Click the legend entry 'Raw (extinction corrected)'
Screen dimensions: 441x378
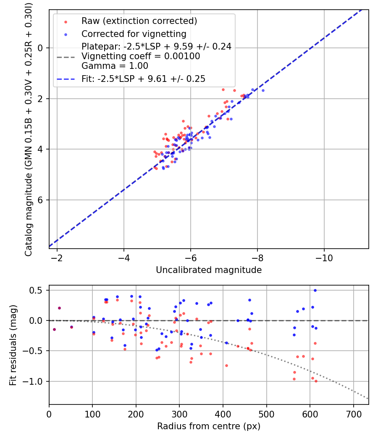click(139, 21)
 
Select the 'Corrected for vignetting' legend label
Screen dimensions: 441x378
click(134, 34)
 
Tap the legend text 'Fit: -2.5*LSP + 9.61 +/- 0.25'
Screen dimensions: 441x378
click(143, 79)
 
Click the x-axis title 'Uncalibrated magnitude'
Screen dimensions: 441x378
click(209, 270)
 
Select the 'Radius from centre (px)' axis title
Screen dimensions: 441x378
click(209, 426)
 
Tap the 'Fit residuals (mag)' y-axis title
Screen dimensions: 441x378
click(13, 345)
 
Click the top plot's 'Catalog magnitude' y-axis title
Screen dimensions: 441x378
click(28, 129)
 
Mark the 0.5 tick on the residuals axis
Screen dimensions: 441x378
click(37, 290)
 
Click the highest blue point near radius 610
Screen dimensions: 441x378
click(315, 290)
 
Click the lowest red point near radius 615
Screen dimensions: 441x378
click(316, 381)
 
